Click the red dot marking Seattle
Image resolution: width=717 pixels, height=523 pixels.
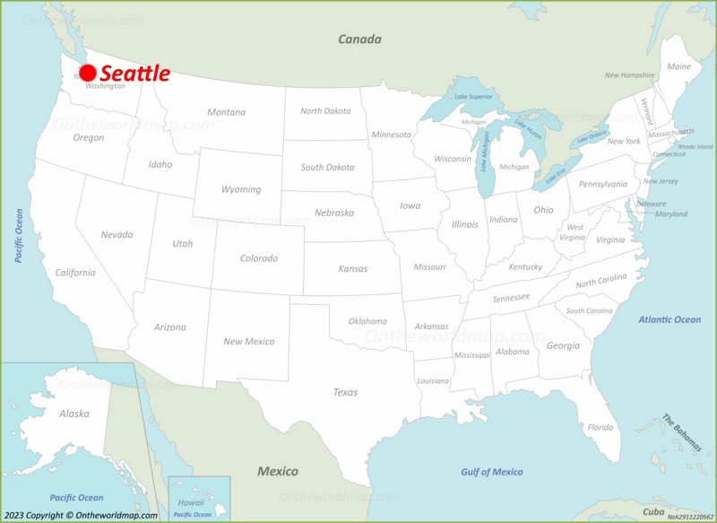[x=88, y=74]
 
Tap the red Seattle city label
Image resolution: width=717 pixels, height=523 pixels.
[x=134, y=74]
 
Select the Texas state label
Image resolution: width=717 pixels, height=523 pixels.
[x=345, y=392]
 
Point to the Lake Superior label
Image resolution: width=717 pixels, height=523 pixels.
[x=473, y=96]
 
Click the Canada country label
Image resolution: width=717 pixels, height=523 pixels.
[x=359, y=39]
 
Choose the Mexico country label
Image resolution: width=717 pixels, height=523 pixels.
[x=278, y=471]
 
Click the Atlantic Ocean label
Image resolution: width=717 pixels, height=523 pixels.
[x=669, y=319]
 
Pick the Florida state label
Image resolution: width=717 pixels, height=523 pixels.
[x=600, y=427]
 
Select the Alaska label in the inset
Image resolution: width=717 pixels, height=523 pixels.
[x=74, y=414]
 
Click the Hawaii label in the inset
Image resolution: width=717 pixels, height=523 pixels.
[x=191, y=502]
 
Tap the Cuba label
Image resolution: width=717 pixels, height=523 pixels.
[x=652, y=512]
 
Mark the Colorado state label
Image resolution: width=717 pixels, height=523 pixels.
[x=258, y=258]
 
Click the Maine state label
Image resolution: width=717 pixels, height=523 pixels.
[x=678, y=66]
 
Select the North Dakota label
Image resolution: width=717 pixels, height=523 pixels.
[x=325, y=111]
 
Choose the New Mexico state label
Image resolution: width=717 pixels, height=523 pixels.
[x=249, y=342]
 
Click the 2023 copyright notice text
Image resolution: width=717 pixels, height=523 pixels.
[x=80, y=515]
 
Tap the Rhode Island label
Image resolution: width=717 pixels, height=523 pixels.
[x=695, y=146]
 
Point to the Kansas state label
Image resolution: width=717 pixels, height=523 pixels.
[x=352, y=268]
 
